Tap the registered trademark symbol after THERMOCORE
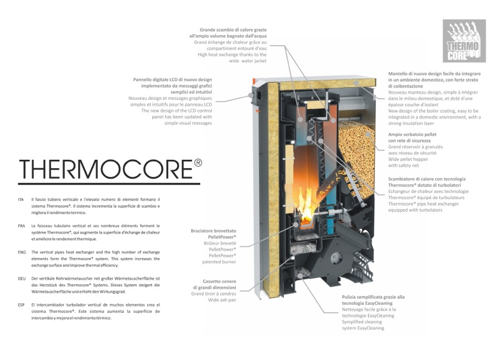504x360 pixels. tap(198, 163)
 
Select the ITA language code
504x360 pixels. tap(21, 199)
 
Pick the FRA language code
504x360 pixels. tap(21, 226)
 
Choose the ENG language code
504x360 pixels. tap(22, 252)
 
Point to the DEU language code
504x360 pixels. tap(22, 278)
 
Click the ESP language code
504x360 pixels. tap(21, 305)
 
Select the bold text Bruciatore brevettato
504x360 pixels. tap(214, 230)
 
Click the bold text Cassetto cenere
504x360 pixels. tap(220, 281)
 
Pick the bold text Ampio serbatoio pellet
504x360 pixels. tap(412, 134)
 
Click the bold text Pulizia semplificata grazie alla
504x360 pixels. tap(373, 297)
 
